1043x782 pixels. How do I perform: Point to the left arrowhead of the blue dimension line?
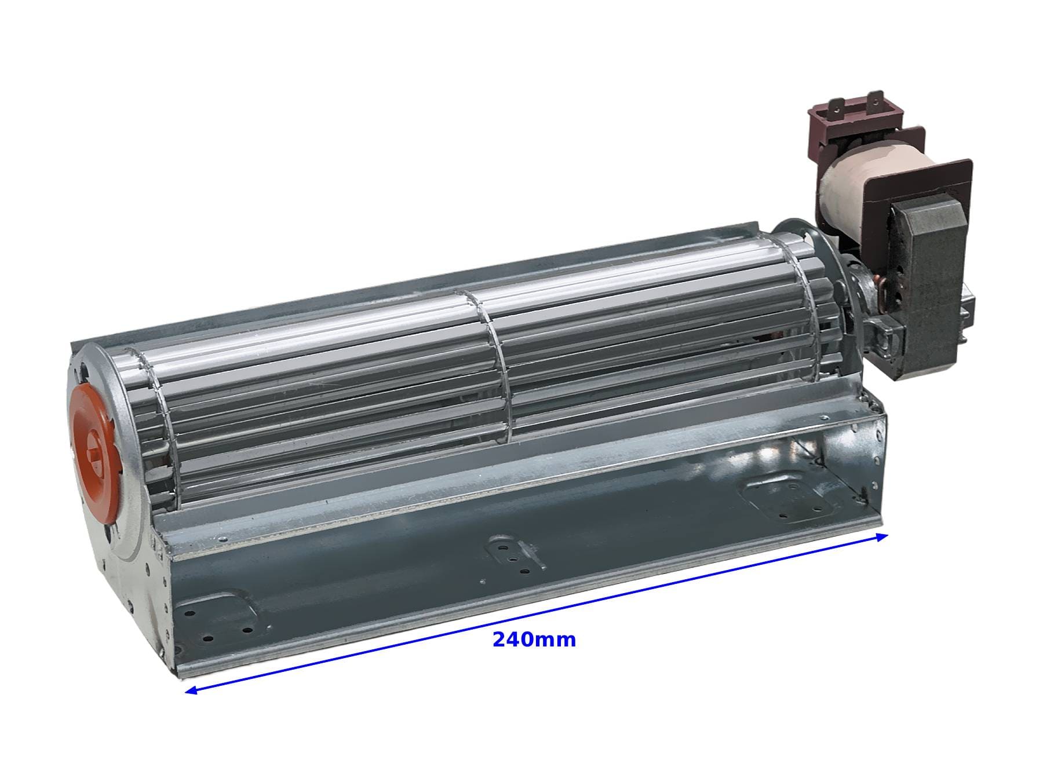(x=191, y=689)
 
